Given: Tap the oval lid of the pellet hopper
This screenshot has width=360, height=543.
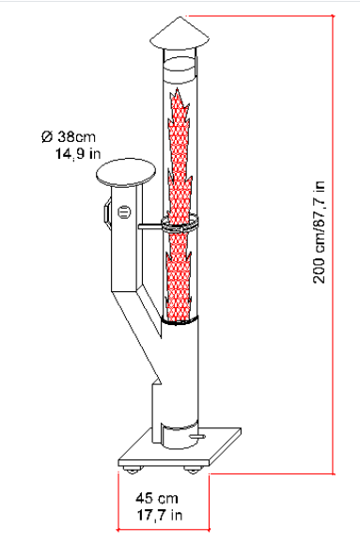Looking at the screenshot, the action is coord(125,172).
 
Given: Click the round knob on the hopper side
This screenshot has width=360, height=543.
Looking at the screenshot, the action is coord(124,212).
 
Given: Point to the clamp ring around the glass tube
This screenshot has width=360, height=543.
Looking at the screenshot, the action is coord(180,224).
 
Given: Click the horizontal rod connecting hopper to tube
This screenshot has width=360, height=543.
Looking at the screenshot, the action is coord(150,226).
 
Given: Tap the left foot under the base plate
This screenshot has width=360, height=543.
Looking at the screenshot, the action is coord(133,470).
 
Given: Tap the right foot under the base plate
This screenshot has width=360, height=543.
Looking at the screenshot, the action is coord(192,470).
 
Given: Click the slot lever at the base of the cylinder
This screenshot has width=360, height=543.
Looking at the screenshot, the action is coord(197,436).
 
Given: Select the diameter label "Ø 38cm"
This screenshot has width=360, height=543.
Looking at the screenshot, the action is coord(69,136).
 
